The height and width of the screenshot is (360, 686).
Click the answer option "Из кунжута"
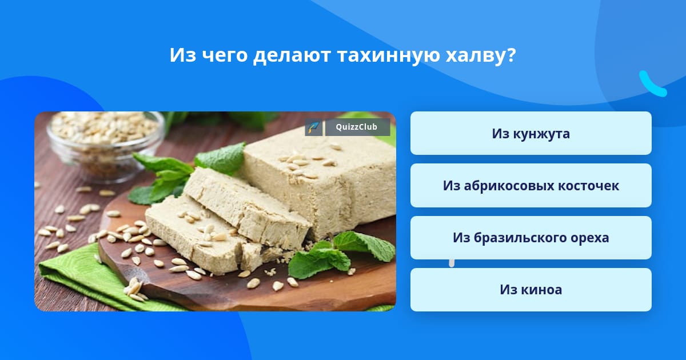(531, 133)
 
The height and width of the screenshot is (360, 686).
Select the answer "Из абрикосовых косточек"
(531, 186)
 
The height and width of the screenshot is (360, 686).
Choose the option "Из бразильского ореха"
(531, 238)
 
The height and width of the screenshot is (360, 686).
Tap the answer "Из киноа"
(531, 290)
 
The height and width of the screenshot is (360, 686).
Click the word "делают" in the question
(292, 55)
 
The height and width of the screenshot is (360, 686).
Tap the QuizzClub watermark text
(357, 127)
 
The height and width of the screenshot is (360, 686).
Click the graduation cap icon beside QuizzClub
(313, 127)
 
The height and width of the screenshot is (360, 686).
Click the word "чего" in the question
(225, 56)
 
